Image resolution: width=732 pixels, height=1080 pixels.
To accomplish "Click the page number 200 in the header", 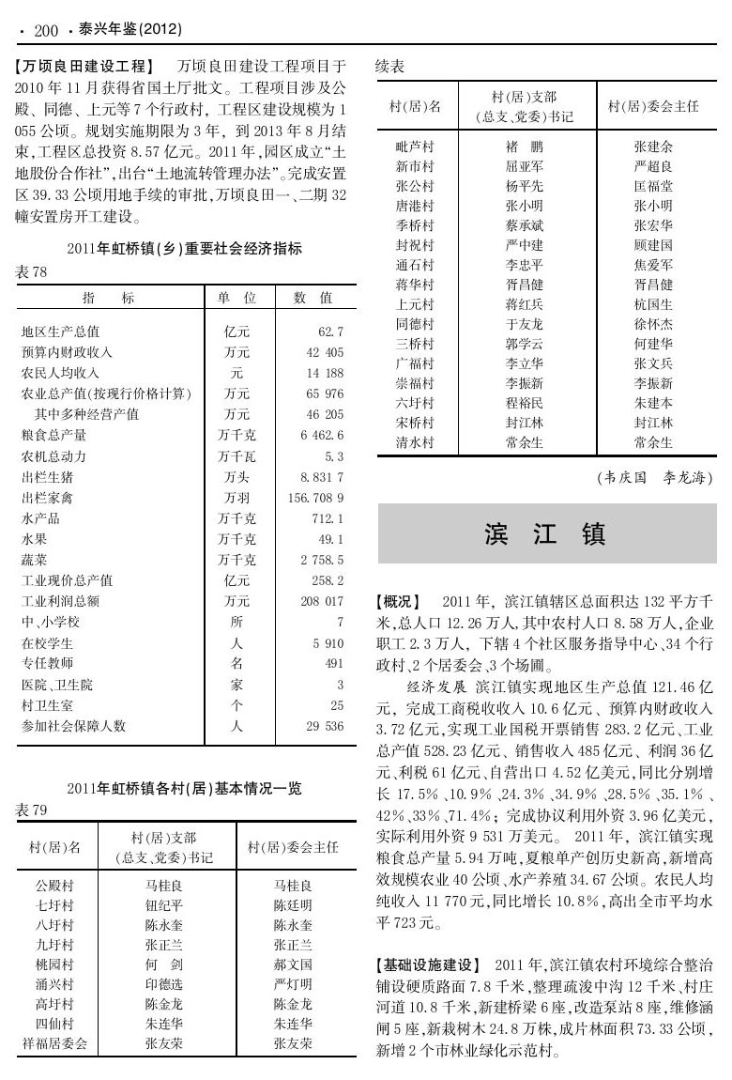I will pyautogui.click(x=45, y=31).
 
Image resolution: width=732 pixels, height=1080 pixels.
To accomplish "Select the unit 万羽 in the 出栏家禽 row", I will pyautogui.click(x=236, y=496).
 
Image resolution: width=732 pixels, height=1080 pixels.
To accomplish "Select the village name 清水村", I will pyautogui.click(x=414, y=442).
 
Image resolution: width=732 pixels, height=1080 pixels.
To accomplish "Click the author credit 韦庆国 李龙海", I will pyautogui.click(x=654, y=478).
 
